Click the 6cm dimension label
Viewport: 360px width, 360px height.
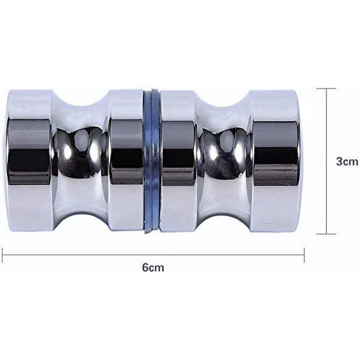point(153,268)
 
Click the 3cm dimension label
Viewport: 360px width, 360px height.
point(347,161)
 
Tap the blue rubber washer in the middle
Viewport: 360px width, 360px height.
point(151,161)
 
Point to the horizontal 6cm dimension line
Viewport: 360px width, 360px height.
point(153,255)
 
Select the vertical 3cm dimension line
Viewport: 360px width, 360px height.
point(326,161)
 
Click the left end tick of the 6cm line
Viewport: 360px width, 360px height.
point(2,255)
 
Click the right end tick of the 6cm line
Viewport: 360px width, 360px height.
point(304,255)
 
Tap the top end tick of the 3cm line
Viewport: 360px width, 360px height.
point(326,88)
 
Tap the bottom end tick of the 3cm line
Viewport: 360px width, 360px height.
point(326,234)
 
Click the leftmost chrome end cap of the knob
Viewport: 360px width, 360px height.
point(30,161)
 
